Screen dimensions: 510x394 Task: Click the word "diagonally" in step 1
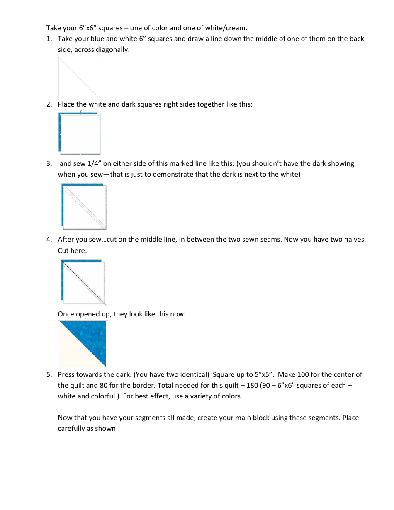pyautogui.click(x=112, y=50)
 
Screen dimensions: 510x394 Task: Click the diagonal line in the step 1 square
pyautogui.click(x=79, y=77)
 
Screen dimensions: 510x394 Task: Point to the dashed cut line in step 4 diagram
pyautogui.click(x=83, y=282)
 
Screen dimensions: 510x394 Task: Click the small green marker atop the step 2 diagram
pyautogui.click(x=80, y=112)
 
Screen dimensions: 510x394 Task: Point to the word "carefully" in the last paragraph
pyautogui.click(x=71, y=429)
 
